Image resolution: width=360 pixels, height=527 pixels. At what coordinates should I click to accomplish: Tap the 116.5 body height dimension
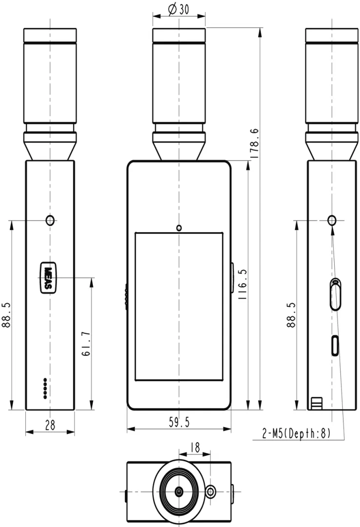pos(242,285)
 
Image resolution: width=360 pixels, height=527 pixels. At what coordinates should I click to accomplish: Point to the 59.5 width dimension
pos(179,423)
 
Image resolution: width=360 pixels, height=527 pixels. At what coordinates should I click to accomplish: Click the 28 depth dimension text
pos(50,426)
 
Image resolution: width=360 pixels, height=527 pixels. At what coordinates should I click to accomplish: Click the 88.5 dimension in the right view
pos(291,315)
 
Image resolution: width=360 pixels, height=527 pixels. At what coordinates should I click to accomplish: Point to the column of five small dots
pos(45,388)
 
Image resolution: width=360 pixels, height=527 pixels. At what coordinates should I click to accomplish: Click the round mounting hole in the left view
pos(50,220)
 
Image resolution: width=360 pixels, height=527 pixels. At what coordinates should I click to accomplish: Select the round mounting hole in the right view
pos(332,220)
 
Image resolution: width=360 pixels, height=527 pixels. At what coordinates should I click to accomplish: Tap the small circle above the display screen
pos(179,227)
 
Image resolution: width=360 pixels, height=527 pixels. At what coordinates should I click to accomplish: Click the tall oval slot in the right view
pos(335,295)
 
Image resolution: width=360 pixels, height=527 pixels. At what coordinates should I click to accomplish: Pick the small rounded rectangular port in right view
pos(335,345)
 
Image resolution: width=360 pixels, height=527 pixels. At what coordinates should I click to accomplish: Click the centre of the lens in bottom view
pos(179,491)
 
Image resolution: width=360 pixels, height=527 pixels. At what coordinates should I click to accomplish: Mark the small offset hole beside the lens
pos(210,491)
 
